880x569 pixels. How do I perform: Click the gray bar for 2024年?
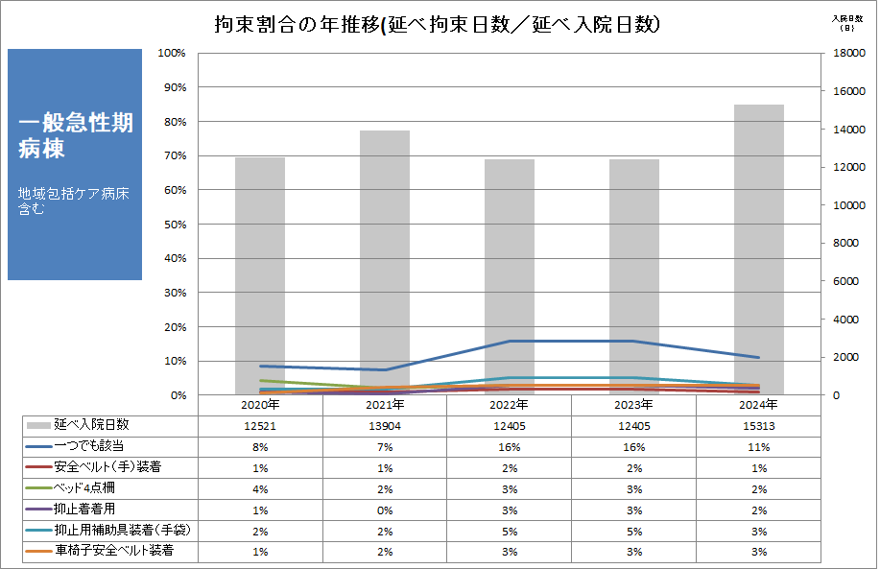pyautogui.click(x=758, y=249)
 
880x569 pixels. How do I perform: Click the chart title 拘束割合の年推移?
pyautogui.click(x=438, y=25)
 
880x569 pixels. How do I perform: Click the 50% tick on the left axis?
pyautogui.click(x=173, y=225)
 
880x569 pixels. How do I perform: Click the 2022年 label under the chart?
pyautogui.click(x=509, y=405)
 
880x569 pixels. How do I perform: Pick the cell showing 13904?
pyautogui.click(x=384, y=425)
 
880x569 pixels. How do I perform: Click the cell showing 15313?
pyautogui.click(x=758, y=425)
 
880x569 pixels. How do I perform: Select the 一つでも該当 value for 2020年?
pyautogui.click(x=259, y=446)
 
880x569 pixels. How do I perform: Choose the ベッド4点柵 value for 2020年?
pyautogui.click(x=259, y=488)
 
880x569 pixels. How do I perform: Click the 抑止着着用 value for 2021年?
pyautogui.click(x=384, y=510)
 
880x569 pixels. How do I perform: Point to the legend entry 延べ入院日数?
pyautogui.click(x=91, y=424)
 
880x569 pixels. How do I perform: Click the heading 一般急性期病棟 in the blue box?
pyautogui.click(x=75, y=135)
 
